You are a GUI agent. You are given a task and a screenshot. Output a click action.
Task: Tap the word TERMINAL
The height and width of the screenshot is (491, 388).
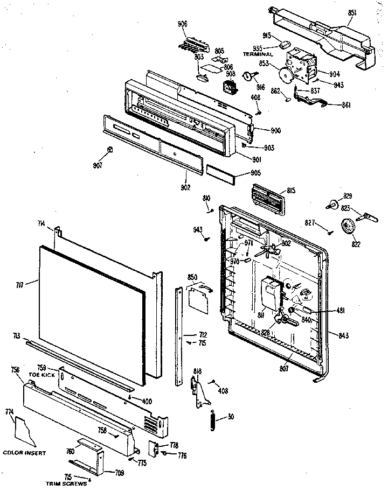pos(259,54)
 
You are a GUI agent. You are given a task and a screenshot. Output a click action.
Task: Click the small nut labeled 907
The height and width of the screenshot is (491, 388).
pos(109,149)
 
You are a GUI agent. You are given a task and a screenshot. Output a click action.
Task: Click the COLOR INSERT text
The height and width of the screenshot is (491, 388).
pos(24,453)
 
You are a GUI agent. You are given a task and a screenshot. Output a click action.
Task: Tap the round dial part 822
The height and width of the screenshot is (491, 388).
pos(350,227)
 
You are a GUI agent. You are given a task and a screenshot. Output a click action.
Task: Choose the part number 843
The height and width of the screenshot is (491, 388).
pos(343,336)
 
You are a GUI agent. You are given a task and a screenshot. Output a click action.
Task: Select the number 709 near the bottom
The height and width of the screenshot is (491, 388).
pos(119,473)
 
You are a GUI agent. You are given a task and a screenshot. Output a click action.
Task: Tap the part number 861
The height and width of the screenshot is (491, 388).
pos(346,104)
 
